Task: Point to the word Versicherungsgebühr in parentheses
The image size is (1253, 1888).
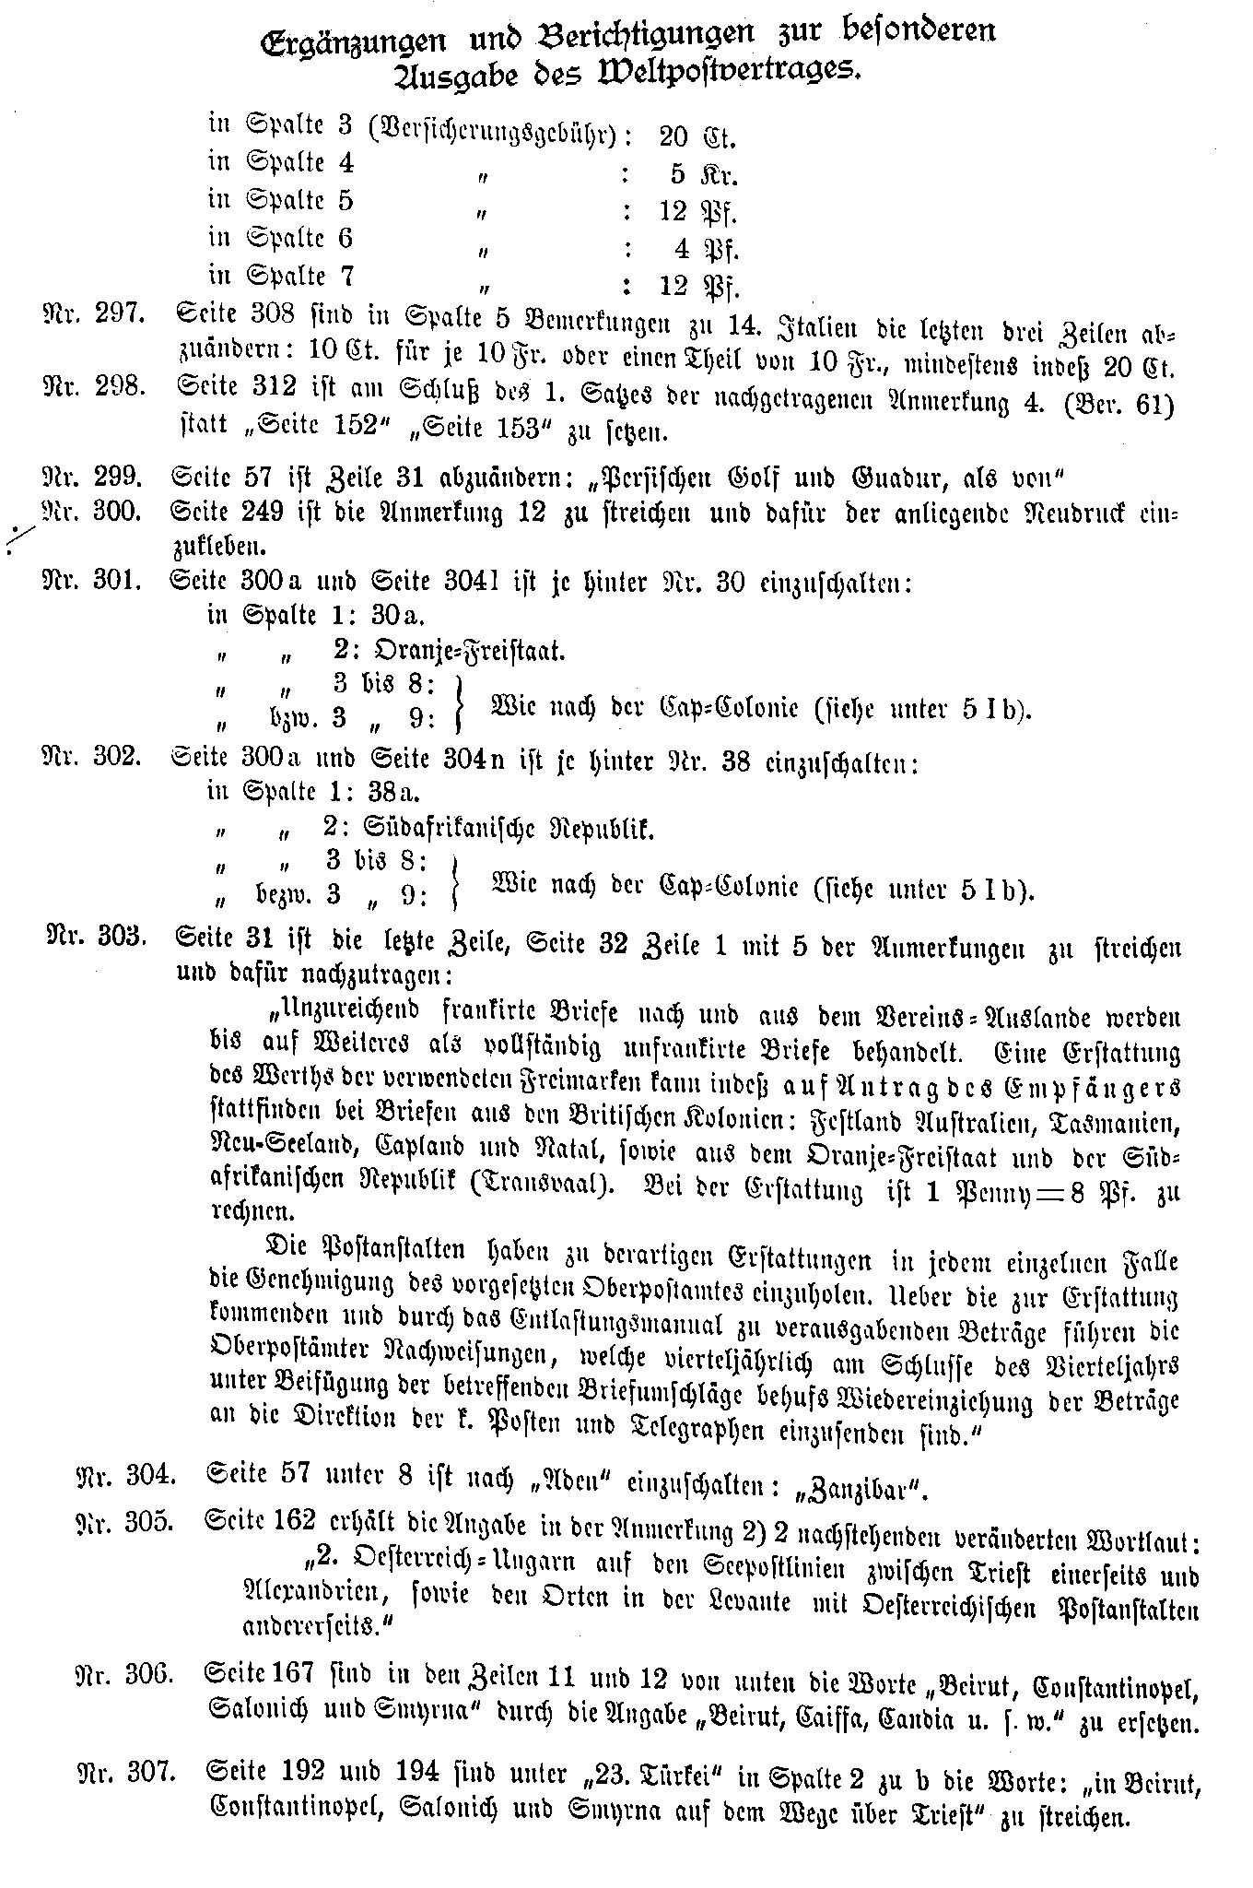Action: pos(491,136)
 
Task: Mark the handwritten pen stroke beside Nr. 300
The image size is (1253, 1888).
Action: pos(20,539)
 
